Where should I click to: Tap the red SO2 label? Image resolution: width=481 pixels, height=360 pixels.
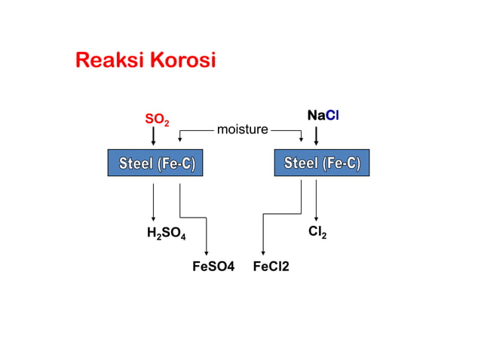[157, 120]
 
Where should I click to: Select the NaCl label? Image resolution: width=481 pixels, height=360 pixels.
[323, 115]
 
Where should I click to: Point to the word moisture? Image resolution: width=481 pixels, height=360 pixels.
[243, 130]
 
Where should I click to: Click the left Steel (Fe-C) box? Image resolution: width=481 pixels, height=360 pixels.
[155, 163]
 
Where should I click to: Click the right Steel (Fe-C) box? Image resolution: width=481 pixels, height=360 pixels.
[322, 163]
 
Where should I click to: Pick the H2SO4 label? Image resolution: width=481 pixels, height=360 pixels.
[167, 233]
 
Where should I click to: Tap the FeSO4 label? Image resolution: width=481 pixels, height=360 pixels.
[213, 267]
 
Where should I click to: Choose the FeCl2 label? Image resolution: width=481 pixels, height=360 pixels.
[271, 267]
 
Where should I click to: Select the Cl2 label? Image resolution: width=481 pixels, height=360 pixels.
[317, 232]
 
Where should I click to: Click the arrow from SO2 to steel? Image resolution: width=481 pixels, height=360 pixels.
[153, 136]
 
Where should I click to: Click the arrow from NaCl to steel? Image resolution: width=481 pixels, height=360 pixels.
[317, 136]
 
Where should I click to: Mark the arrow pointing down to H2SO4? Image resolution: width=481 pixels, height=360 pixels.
[153, 202]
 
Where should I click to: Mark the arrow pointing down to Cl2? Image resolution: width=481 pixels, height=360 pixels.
[317, 200]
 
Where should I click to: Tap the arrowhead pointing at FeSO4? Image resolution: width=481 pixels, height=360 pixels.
[207, 253]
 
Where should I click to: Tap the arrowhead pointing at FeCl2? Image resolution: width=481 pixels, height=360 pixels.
[263, 253]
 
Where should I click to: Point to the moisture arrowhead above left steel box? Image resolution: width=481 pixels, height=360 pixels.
[180, 140]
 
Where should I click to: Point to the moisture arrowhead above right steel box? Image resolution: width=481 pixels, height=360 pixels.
[302, 140]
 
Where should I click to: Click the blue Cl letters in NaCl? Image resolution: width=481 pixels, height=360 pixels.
[332, 115]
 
